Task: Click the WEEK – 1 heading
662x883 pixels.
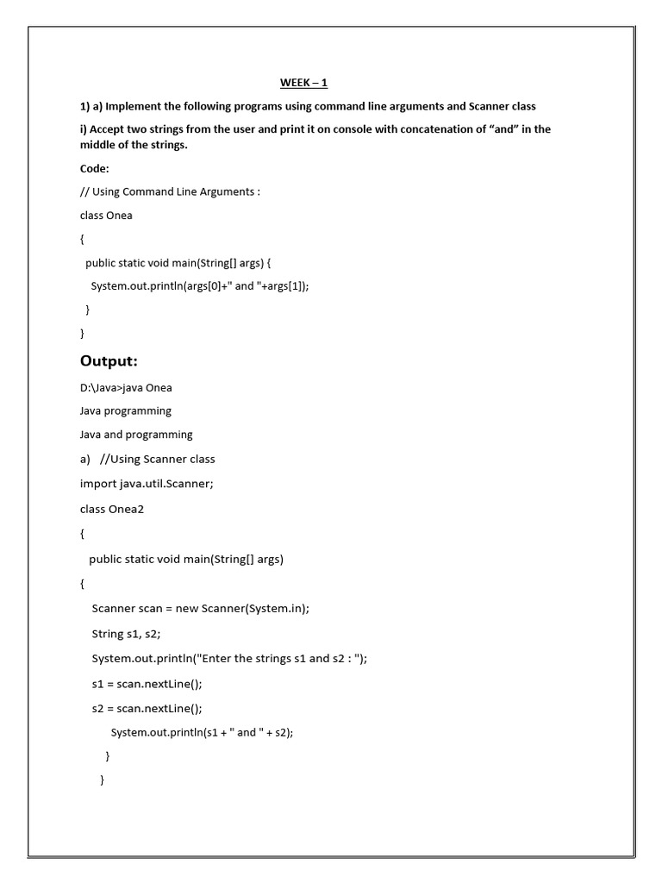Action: (x=303, y=83)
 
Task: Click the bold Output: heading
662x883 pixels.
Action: (x=109, y=360)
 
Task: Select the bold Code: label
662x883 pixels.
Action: (x=95, y=168)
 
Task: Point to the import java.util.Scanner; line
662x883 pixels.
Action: (x=147, y=484)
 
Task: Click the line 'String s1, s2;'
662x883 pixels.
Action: (x=126, y=634)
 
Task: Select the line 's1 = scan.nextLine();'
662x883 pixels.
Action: (x=147, y=684)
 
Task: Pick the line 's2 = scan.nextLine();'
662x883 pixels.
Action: (x=147, y=709)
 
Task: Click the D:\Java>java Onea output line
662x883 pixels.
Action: (x=126, y=387)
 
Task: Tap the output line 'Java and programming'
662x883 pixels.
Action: (x=136, y=435)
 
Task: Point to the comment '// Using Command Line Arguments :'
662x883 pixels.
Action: (x=170, y=191)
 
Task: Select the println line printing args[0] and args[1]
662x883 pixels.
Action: (x=199, y=285)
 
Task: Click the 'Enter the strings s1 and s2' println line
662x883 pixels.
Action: (x=229, y=659)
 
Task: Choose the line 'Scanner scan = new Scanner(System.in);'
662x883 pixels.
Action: (x=200, y=609)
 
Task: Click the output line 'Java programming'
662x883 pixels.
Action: (x=126, y=410)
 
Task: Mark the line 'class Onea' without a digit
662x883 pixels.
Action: (x=106, y=216)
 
